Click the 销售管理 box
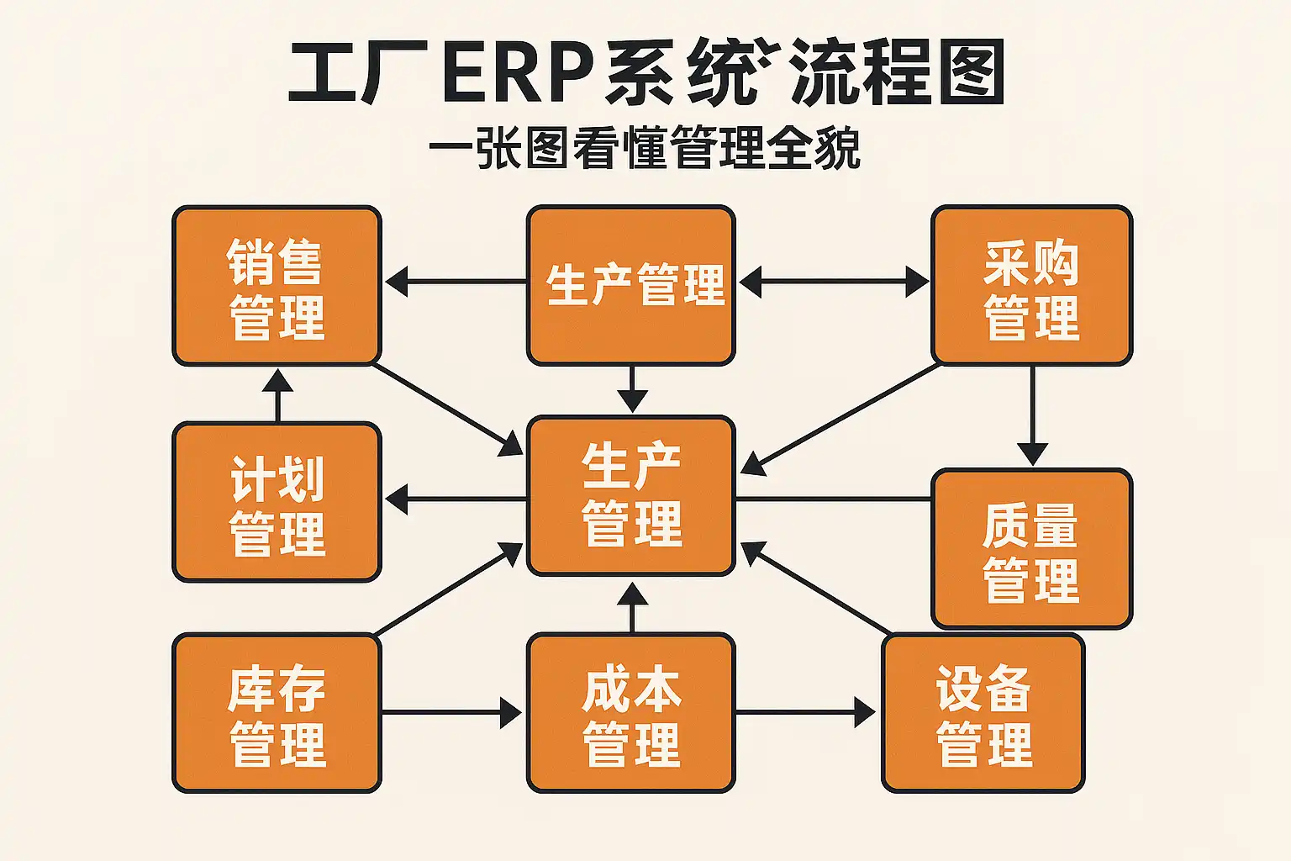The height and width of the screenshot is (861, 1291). (x=277, y=286)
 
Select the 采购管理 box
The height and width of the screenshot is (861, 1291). (x=1031, y=286)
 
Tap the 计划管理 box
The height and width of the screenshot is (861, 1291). (x=277, y=502)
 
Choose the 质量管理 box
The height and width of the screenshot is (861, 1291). (x=1031, y=549)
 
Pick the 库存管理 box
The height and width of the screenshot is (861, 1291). (x=277, y=713)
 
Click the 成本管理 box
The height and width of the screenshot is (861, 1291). (x=631, y=713)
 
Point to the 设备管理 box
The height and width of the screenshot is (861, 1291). (x=983, y=713)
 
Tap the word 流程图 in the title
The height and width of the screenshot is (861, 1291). (x=898, y=74)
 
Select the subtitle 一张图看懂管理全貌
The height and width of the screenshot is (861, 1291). (x=645, y=150)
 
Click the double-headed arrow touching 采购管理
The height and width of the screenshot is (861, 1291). (x=834, y=282)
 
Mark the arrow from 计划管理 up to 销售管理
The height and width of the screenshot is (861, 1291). (x=277, y=395)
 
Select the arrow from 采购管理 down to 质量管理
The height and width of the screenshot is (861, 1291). (x=1032, y=416)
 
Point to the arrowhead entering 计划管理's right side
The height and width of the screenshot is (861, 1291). (x=397, y=499)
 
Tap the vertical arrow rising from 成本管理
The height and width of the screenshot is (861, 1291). (x=632, y=607)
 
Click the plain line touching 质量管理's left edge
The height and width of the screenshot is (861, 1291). (x=832, y=499)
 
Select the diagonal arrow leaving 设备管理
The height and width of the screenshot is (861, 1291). (x=815, y=588)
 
